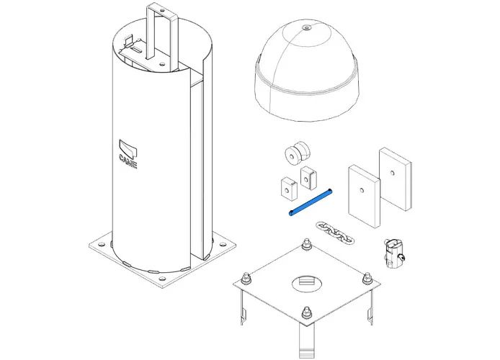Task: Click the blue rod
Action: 311,202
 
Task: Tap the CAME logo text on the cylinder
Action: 128,161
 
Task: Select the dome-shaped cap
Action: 307,71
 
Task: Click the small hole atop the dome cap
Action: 307,27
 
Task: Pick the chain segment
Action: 335,233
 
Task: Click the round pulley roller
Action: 298,153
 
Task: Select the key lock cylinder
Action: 394,253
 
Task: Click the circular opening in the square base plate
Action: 307,283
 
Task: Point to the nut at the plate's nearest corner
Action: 306,312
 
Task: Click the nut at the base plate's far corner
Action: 307,243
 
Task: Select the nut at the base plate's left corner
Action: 246,278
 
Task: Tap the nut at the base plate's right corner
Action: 367,278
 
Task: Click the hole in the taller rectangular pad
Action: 392,173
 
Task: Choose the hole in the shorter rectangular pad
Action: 362,191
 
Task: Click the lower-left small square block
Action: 289,189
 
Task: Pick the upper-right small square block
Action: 308,178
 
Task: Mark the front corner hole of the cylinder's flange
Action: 162,279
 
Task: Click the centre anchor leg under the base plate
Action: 306,339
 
